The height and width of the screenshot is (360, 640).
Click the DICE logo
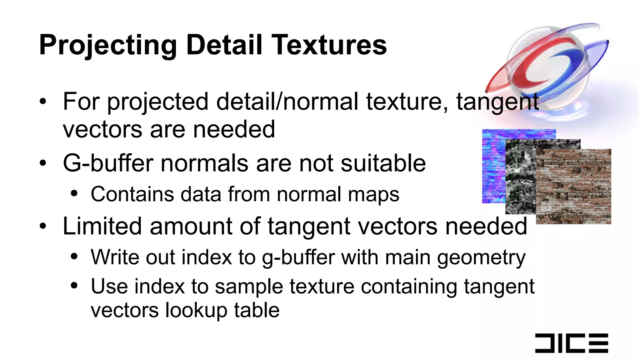572,343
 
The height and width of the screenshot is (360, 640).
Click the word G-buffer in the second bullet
108,163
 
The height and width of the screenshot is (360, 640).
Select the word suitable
383,163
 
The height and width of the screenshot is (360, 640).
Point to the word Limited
102,226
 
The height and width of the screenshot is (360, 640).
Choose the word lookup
196,310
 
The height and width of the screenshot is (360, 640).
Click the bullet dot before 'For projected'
43,102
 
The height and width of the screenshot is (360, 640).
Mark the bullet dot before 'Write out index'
74,257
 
